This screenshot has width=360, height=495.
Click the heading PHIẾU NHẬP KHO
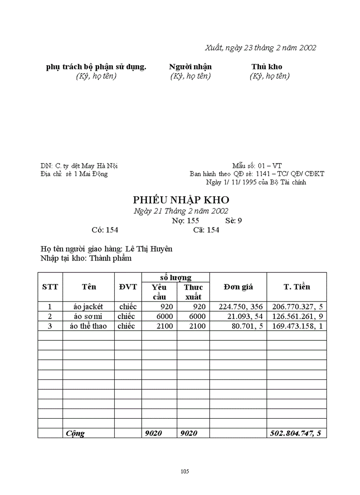(181, 200)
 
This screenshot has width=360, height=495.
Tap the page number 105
(185, 471)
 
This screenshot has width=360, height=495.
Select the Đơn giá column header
(238, 287)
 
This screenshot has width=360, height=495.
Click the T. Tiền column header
(296, 287)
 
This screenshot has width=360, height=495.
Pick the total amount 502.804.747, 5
(296, 433)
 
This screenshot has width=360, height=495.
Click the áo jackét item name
(88, 307)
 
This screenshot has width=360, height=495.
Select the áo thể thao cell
(88, 326)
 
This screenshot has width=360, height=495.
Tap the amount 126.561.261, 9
(296, 316)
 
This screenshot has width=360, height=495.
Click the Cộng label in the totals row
(75, 433)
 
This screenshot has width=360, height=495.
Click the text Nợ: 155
(185, 221)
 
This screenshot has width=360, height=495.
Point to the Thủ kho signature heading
(267, 67)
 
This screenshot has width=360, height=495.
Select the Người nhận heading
(190, 67)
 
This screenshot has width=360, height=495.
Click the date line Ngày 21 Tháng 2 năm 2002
(181, 211)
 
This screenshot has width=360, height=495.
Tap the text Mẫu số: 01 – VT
(257, 166)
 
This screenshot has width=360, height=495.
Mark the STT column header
(50, 287)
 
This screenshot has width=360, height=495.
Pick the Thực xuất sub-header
(193, 291)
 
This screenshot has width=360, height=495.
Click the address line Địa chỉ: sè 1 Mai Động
(74, 174)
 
